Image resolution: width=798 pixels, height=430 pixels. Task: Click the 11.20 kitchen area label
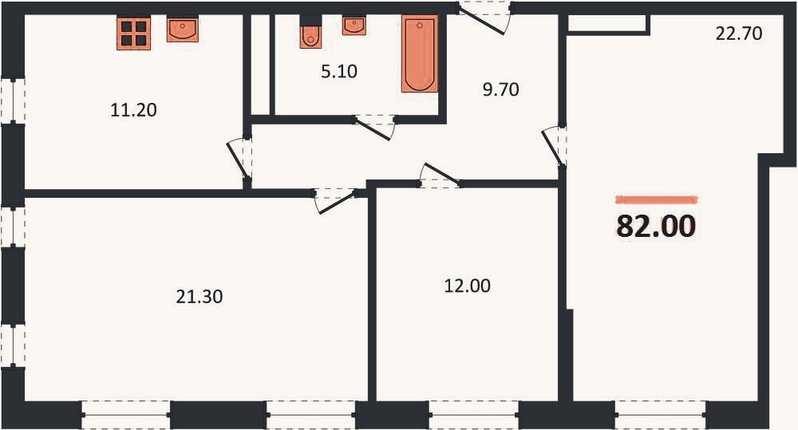(x=133, y=110)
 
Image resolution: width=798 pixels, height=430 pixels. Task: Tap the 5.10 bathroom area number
(x=339, y=71)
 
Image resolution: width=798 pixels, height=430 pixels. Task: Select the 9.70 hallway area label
(x=501, y=89)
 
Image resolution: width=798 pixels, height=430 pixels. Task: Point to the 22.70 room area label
(x=739, y=34)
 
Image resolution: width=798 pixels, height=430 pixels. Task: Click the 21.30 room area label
(x=199, y=296)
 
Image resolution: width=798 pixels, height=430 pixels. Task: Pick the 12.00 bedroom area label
(x=467, y=286)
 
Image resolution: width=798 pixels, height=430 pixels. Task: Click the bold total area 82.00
(x=656, y=226)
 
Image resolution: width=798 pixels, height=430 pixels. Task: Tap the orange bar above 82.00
(x=656, y=199)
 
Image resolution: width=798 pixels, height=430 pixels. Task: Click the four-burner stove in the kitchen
(x=133, y=34)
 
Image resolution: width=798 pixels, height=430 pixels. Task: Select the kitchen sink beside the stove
(x=182, y=30)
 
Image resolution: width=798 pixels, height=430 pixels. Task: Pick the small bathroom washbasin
(x=354, y=26)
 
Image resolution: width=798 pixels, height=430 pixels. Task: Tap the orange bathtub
(x=420, y=53)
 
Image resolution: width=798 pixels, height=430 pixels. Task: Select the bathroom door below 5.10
(x=374, y=127)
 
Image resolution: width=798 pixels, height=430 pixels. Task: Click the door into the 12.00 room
(x=439, y=176)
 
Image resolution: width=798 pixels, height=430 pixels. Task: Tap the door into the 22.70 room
(x=555, y=146)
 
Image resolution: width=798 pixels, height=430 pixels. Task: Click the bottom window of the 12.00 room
(x=473, y=415)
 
